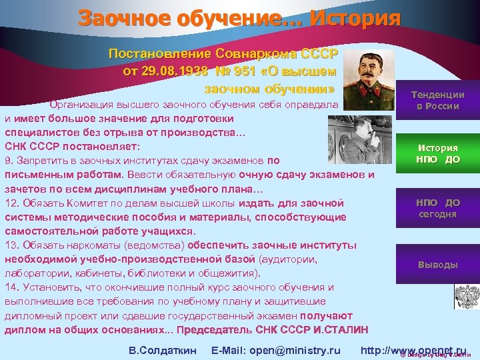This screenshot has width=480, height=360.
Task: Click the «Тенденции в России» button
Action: [x=437, y=101]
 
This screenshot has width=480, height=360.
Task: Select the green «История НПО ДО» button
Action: [x=437, y=154]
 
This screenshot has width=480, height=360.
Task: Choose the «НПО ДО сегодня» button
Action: [x=437, y=208]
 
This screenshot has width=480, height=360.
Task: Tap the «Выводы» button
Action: [x=437, y=265]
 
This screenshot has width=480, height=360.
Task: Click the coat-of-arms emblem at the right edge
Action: [x=466, y=295]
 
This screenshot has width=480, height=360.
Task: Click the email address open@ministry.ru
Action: [x=275, y=350]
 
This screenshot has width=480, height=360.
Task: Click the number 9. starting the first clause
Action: [x=9, y=161]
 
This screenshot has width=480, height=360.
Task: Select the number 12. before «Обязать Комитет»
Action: [x=12, y=203]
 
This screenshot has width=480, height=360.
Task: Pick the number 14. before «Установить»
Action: [x=12, y=287]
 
